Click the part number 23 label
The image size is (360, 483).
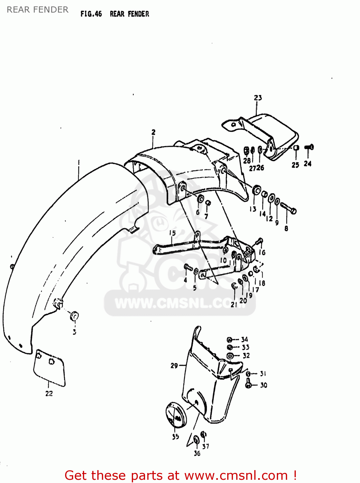click(x=258, y=98)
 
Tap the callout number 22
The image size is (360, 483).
click(x=49, y=393)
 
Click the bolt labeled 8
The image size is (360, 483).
click(x=288, y=208)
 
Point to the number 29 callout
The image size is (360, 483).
click(x=174, y=365)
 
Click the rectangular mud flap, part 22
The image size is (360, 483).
click(x=49, y=367)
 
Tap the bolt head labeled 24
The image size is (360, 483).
click(x=309, y=148)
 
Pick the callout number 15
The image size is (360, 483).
click(x=172, y=233)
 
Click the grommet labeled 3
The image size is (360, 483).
click(x=74, y=316)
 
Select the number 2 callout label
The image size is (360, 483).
click(x=153, y=132)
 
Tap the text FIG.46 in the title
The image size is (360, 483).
click(x=91, y=14)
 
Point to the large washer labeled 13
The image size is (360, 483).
click(x=257, y=190)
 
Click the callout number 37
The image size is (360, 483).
click(x=206, y=446)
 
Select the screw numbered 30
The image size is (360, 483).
click(x=248, y=384)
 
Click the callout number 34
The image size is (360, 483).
click(x=245, y=339)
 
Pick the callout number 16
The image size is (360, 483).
click(x=262, y=252)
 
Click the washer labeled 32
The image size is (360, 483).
click(x=230, y=356)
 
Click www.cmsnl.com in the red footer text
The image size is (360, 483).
click(x=236, y=475)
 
